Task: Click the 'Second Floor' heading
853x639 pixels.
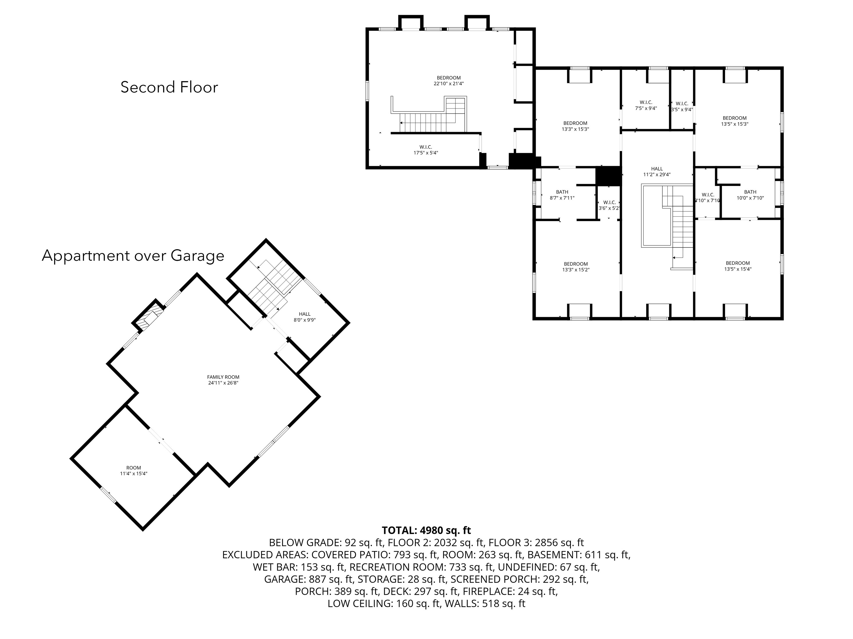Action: (x=169, y=87)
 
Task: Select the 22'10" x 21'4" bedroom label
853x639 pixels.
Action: (x=448, y=80)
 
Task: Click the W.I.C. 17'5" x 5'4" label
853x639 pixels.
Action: (x=425, y=150)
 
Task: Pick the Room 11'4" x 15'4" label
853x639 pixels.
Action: (x=133, y=471)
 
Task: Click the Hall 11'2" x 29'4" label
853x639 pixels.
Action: (x=657, y=171)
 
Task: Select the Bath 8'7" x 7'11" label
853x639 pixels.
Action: (x=562, y=195)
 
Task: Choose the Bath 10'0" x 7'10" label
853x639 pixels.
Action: (x=750, y=195)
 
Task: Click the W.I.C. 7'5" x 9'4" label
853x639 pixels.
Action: (x=646, y=105)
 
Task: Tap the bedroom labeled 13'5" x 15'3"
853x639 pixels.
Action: (x=734, y=121)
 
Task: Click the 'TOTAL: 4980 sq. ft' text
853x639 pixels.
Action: (x=426, y=530)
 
